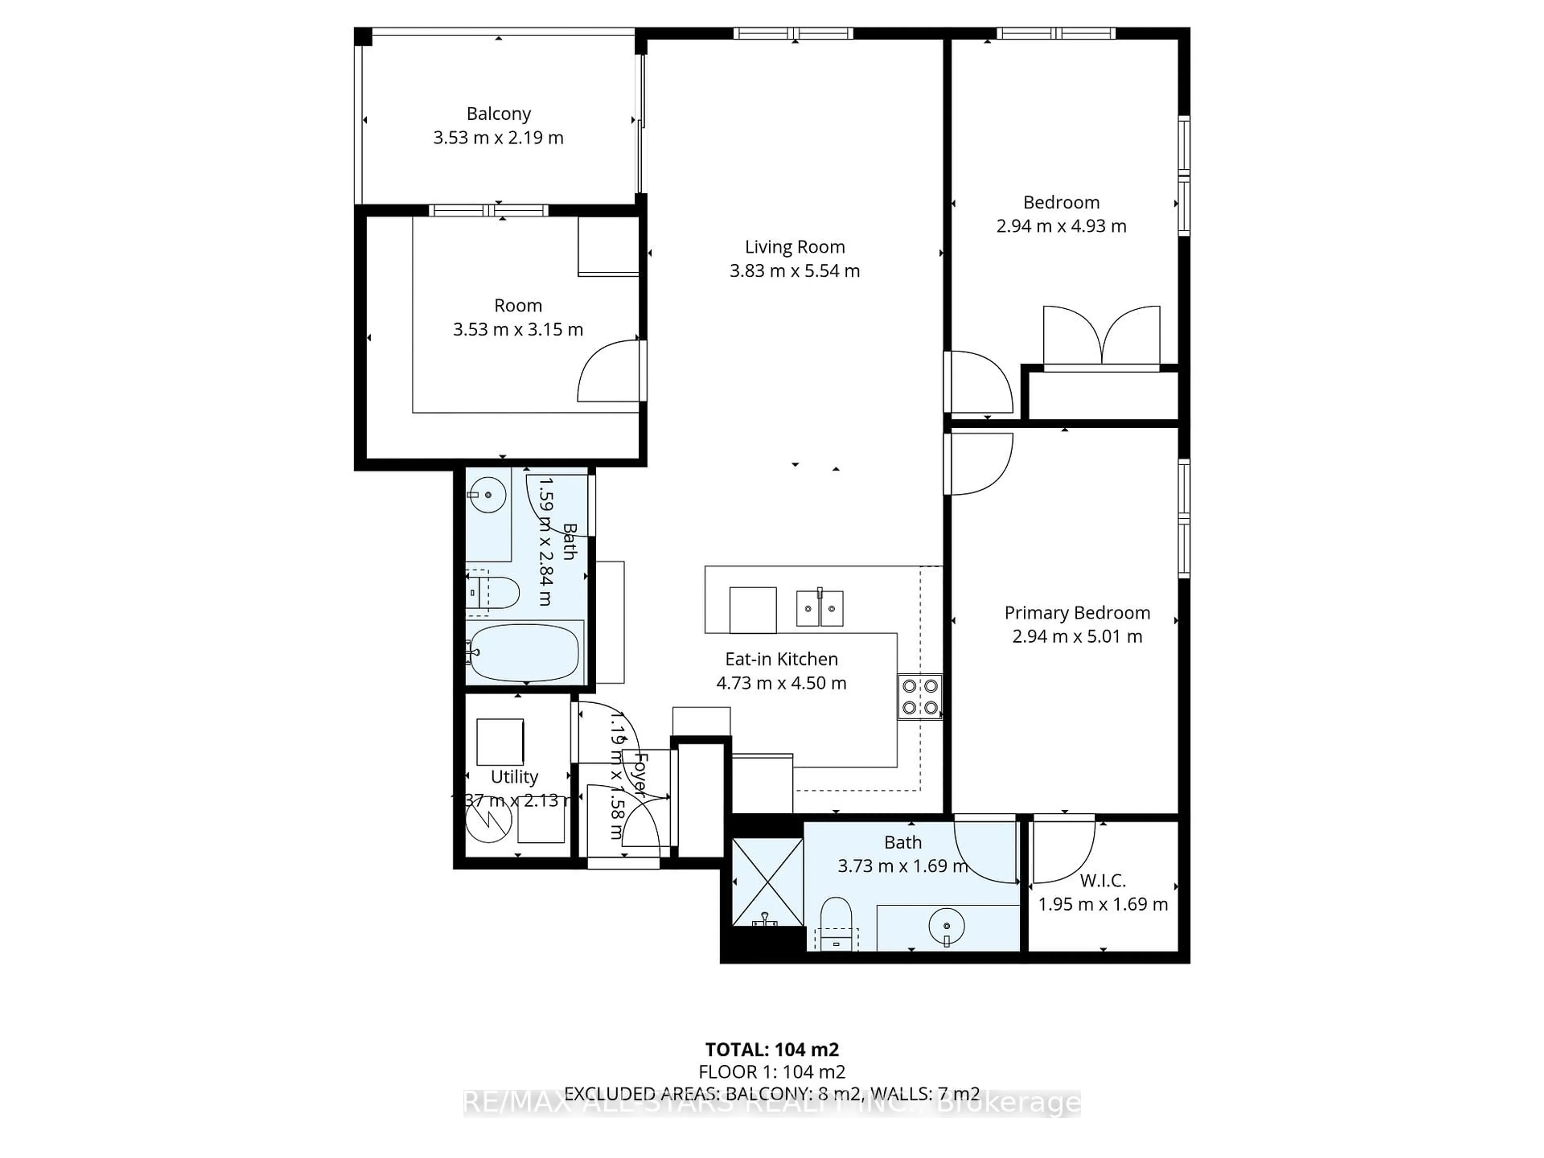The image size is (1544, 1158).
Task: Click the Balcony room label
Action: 498,113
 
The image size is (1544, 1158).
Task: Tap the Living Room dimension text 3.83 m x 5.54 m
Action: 795,271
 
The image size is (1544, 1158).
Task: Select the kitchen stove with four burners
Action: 919,697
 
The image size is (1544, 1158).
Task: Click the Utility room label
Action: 514,777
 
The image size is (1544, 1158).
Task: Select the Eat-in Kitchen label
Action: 781,659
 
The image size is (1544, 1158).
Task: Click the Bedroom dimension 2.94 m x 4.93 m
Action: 1061,226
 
